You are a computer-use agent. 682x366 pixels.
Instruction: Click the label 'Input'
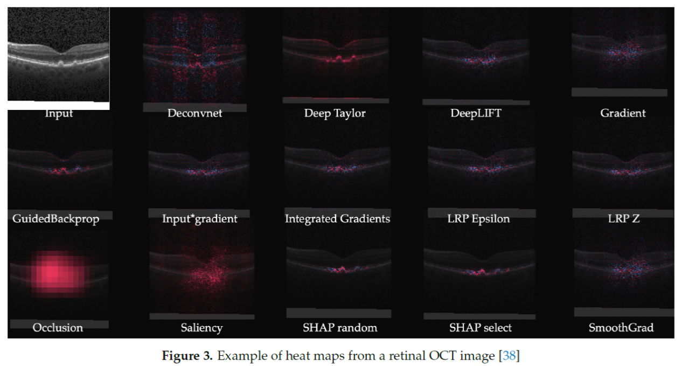click(x=59, y=114)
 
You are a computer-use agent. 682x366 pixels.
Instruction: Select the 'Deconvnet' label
click(x=194, y=113)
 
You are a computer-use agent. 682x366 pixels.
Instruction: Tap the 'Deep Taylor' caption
click(x=336, y=113)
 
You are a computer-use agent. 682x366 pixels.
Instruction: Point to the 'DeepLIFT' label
click(x=476, y=113)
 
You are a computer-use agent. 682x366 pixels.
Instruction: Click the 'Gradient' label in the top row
click(x=623, y=113)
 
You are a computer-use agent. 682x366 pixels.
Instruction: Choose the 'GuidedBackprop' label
click(x=55, y=219)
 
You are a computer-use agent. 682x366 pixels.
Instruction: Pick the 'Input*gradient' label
click(x=199, y=219)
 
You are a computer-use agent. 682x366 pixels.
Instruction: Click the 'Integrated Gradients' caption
click(x=337, y=219)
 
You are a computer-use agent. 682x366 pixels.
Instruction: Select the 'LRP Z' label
click(x=624, y=219)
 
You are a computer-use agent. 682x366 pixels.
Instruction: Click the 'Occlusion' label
click(x=58, y=328)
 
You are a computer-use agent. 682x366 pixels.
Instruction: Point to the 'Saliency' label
click(x=201, y=328)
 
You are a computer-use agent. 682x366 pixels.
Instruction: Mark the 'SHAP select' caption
click(x=481, y=328)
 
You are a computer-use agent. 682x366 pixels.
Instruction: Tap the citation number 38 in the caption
click(x=509, y=356)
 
